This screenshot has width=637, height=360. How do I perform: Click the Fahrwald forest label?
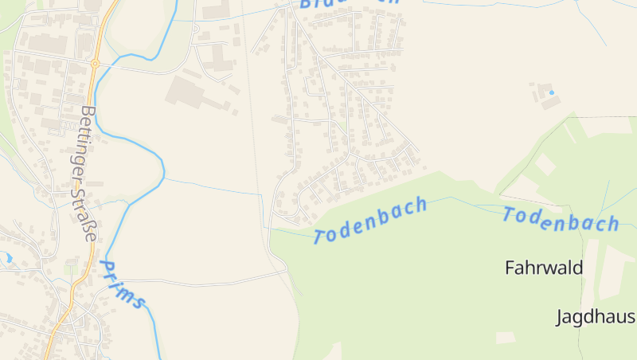544,268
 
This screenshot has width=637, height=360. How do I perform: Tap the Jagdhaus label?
595,317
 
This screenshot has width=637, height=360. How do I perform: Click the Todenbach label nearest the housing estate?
370,221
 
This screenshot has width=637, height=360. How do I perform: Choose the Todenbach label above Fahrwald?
561,218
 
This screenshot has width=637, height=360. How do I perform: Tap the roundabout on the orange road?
95,63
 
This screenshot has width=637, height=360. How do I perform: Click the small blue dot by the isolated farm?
551,93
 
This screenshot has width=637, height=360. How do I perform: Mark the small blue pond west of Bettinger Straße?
7,257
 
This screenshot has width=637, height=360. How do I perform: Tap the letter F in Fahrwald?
510,268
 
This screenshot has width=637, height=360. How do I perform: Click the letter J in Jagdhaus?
559,317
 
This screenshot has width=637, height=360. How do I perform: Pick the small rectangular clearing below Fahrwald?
505,338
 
